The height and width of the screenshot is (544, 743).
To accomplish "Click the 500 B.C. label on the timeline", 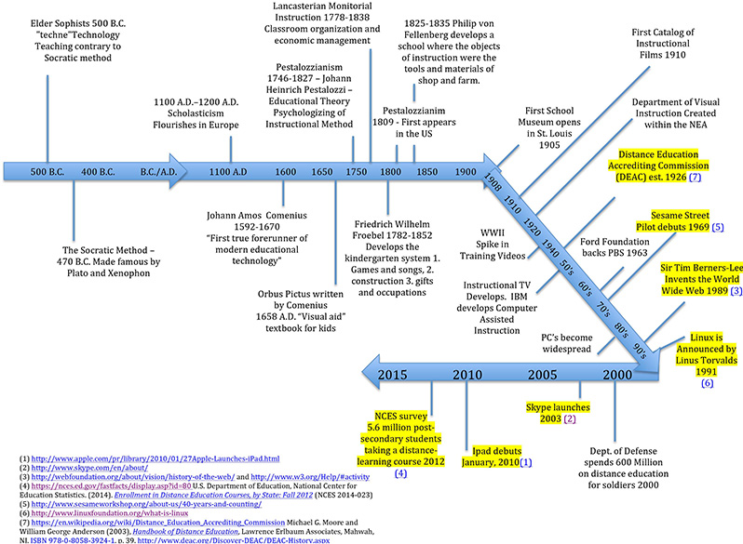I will tap(47, 172).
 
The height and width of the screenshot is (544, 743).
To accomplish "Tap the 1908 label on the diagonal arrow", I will tap(498, 185).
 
